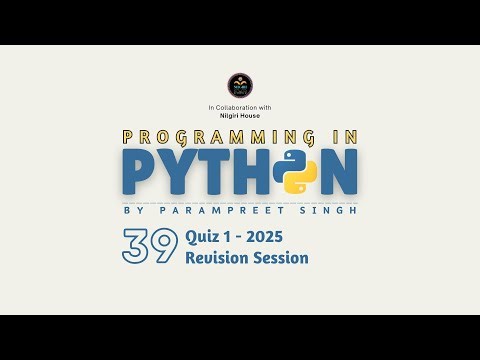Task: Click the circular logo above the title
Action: click(240, 84)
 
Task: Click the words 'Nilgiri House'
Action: click(240, 115)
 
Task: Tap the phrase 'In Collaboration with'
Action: click(240, 106)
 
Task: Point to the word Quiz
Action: click(203, 238)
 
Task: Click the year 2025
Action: click(278, 238)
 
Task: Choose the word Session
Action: click(281, 258)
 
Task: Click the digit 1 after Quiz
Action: click(233, 238)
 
